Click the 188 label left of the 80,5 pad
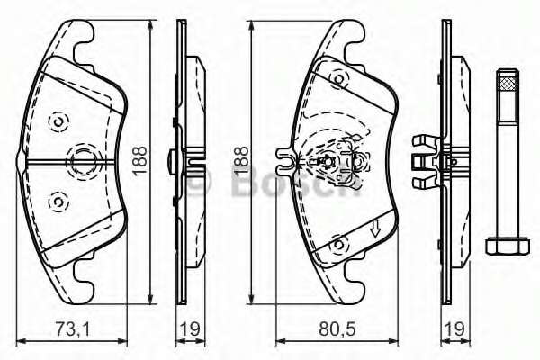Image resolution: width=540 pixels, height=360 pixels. tap(239, 160)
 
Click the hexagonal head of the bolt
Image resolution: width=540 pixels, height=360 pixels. tap(504, 245)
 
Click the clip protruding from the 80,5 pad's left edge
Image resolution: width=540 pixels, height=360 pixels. tap(285, 162)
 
